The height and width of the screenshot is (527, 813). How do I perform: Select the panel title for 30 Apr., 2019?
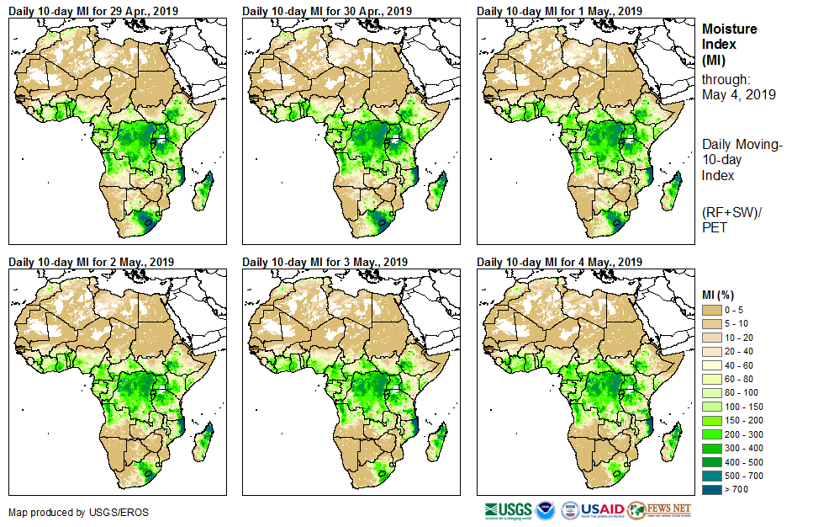pos(327,10)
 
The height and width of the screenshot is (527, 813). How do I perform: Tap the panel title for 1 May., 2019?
pos(559,10)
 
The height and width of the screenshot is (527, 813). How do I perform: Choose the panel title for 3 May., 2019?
pos(325,262)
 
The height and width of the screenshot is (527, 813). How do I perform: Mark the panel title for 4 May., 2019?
pos(559,262)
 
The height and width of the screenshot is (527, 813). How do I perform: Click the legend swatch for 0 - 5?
pos(712,311)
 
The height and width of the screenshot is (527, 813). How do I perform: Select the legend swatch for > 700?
pos(712,487)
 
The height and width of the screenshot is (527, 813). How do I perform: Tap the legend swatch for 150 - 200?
pos(712,419)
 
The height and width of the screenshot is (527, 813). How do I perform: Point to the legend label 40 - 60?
pos(740,365)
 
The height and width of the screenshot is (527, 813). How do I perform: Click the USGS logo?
pos(507,510)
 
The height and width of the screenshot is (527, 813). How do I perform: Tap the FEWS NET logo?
pos(659,510)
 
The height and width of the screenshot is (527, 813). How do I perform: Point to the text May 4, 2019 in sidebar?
pos(739,94)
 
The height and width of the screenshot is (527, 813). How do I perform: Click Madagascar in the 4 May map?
pos(673,443)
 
